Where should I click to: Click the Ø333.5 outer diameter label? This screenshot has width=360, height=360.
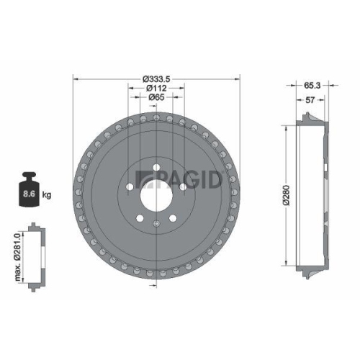tap(155, 78)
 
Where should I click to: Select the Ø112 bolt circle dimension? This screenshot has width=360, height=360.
tap(155, 88)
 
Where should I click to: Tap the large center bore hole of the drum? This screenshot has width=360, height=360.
tap(156, 193)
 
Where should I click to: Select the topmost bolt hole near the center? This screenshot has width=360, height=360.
tap(156, 168)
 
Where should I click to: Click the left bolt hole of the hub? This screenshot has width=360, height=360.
tap(128, 189)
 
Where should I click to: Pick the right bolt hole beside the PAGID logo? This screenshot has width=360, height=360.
tap(182, 188)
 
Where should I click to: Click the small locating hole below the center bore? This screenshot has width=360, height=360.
tap(156, 227)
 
